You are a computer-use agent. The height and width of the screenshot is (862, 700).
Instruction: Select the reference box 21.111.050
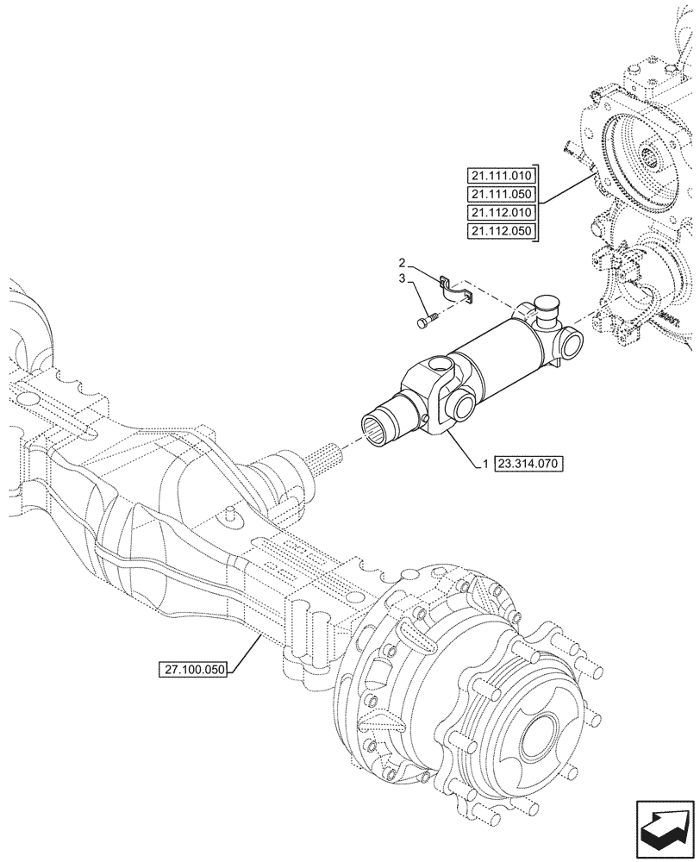coord(501,194)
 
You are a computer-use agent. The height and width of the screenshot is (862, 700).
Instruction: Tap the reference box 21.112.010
coord(501,213)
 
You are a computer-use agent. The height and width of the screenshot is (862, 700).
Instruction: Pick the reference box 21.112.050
coord(501,232)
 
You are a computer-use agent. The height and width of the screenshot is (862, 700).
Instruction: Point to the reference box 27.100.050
coord(191,668)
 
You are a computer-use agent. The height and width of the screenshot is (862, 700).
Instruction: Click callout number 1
coord(486,464)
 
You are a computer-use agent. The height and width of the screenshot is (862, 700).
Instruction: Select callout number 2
coord(402,261)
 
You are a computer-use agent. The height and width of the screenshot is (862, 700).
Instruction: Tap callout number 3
coord(402,278)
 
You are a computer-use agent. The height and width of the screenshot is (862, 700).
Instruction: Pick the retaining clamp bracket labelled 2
coord(456,290)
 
